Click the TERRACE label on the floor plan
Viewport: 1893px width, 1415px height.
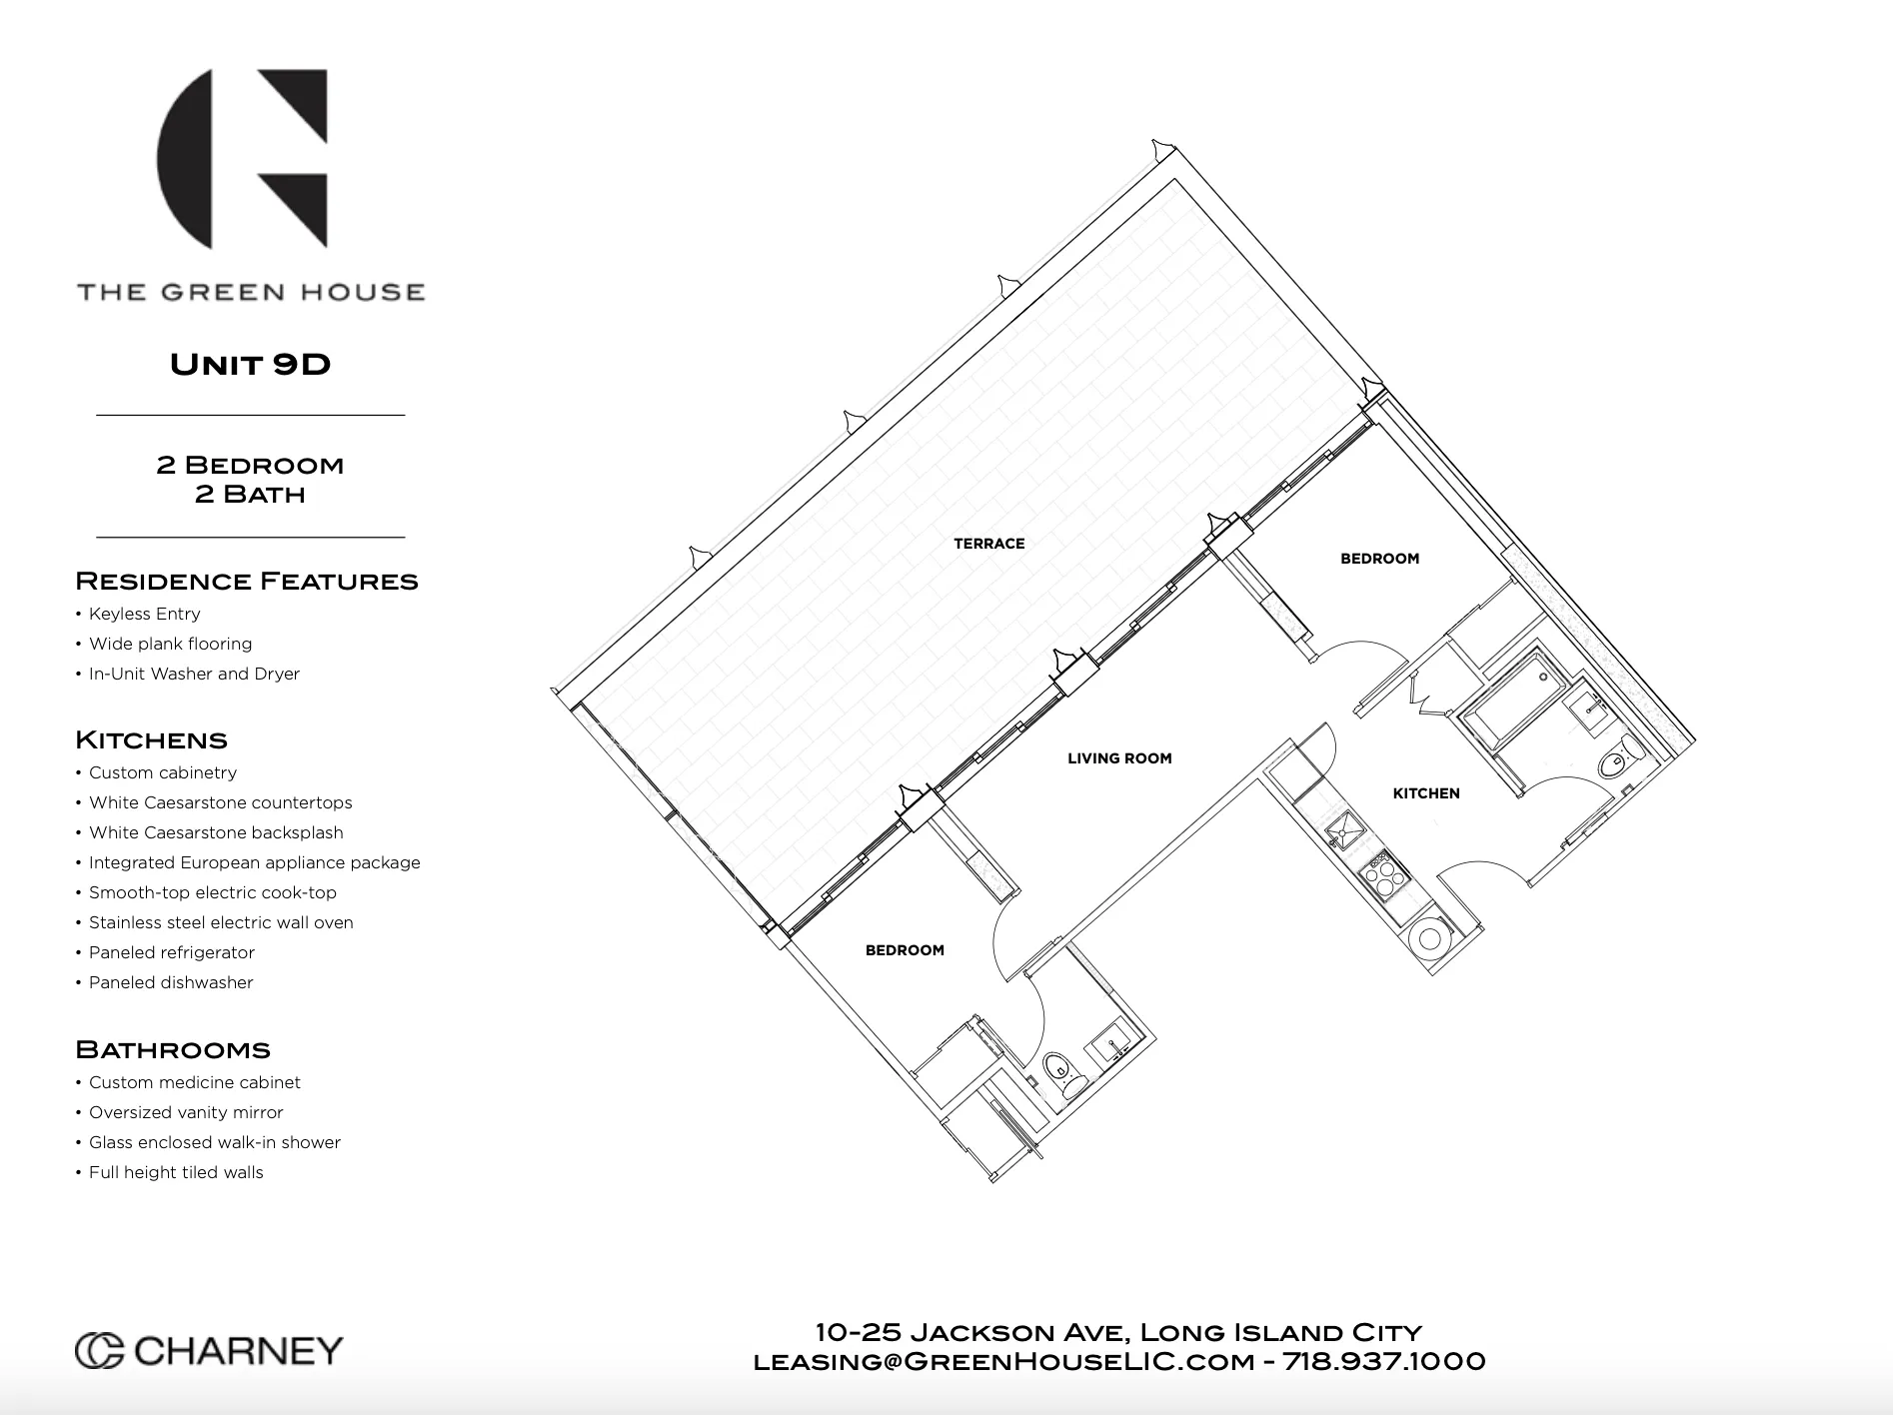point(988,544)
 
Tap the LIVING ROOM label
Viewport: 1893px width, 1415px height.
point(1118,758)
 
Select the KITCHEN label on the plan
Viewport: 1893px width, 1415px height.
point(1425,793)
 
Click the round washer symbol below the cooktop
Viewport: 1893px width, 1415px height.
point(1430,938)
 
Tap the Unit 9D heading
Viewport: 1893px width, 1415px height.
point(250,364)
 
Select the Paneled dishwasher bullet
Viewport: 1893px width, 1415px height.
point(170,982)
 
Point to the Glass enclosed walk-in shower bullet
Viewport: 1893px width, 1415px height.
point(214,1142)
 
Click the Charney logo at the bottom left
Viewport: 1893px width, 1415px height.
point(209,1351)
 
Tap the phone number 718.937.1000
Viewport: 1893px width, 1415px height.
point(1383,1361)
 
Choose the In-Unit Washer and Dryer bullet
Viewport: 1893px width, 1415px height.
point(194,674)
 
